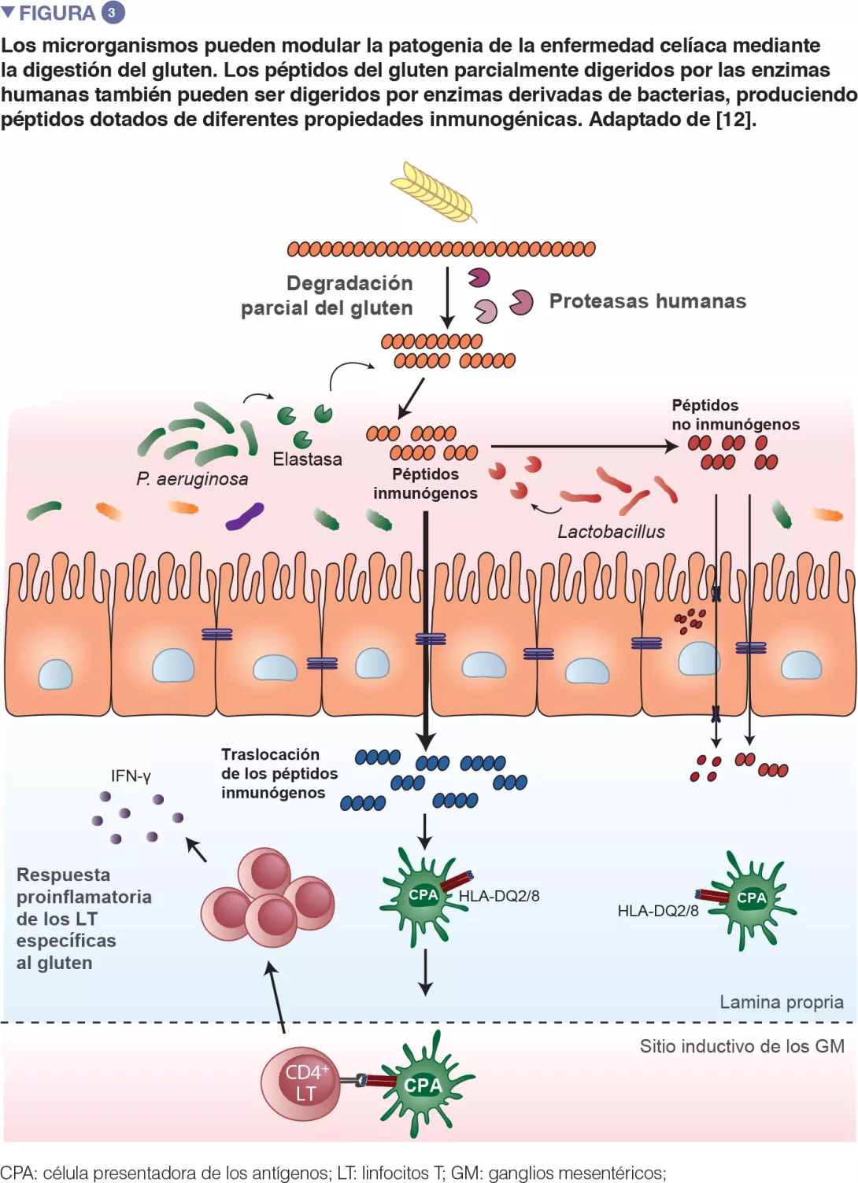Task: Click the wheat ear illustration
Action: [434, 192]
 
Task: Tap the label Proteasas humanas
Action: [647, 301]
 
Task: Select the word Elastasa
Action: [307, 459]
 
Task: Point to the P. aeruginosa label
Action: [191, 479]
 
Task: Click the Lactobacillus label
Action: [611, 532]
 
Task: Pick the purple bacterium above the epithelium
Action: [244, 518]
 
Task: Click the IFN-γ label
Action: [131, 776]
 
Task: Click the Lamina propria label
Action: [781, 1002]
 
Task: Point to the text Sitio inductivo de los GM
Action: [742, 1046]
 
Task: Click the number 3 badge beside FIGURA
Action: [113, 13]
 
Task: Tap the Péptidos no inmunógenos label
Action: [735, 415]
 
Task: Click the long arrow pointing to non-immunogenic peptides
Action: [582, 446]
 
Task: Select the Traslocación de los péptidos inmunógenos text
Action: [279, 773]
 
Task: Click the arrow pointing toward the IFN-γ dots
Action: [196, 849]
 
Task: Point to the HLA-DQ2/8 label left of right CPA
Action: [657, 911]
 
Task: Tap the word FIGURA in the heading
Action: [57, 13]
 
